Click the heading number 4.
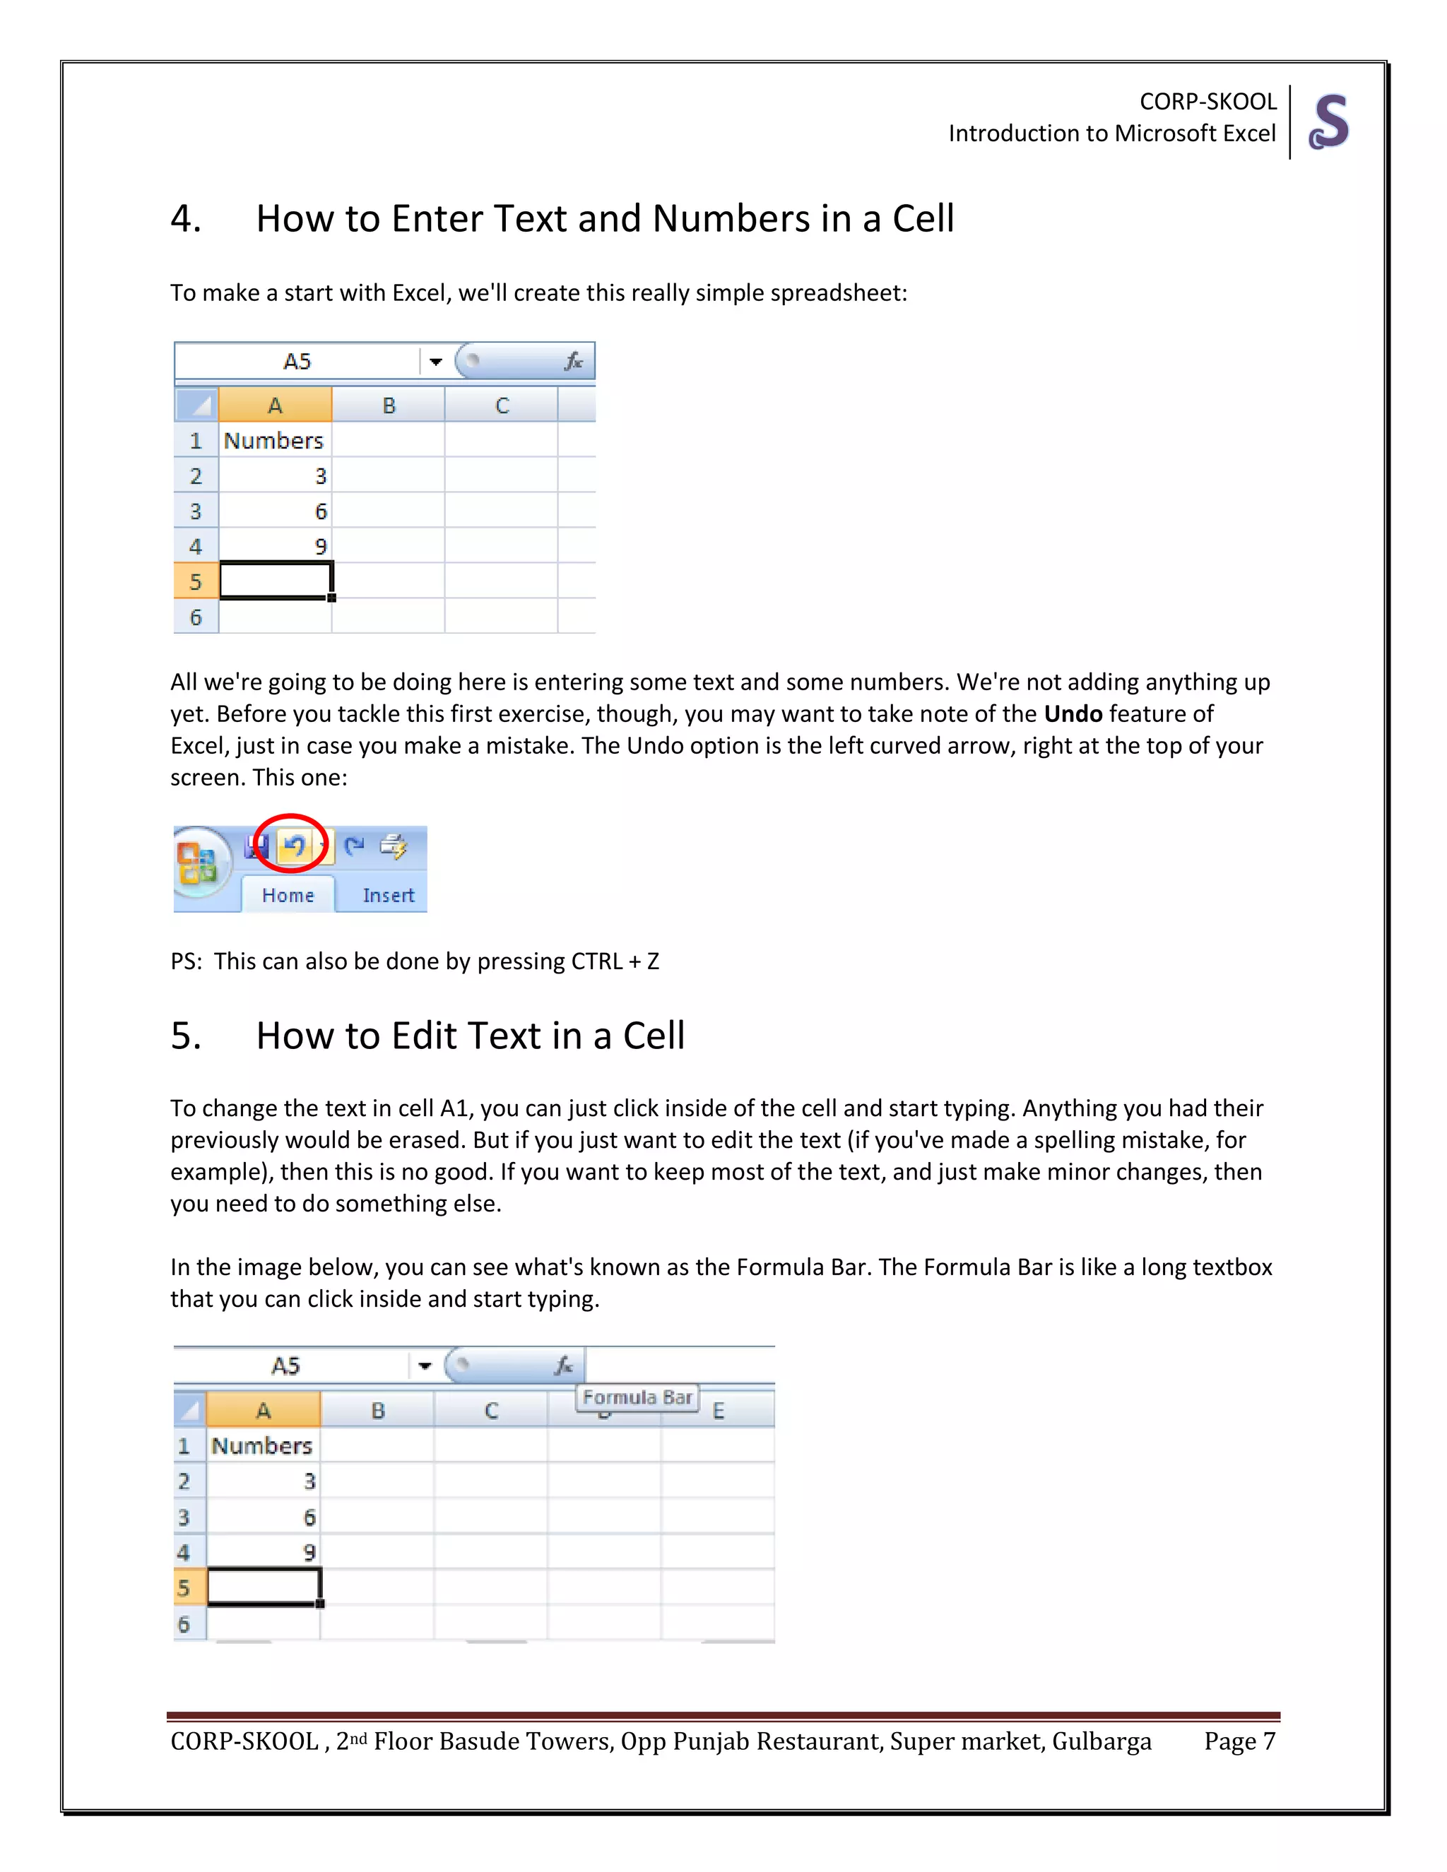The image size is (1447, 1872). point(184,218)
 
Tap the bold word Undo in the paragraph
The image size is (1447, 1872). point(1073,713)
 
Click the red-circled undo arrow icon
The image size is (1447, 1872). point(293,846)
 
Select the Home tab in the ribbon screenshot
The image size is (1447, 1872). point(288,895)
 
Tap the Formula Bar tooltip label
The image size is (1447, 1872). point(637,1397)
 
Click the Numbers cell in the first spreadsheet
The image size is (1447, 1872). point(274,441)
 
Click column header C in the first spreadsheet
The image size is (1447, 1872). point(502,405)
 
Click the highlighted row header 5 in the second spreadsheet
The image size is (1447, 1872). point(184,1587)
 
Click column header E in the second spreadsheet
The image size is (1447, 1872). point(719,1411)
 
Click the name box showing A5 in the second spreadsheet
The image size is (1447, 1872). point(286,1366)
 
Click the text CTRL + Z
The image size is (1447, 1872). point(615,961)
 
